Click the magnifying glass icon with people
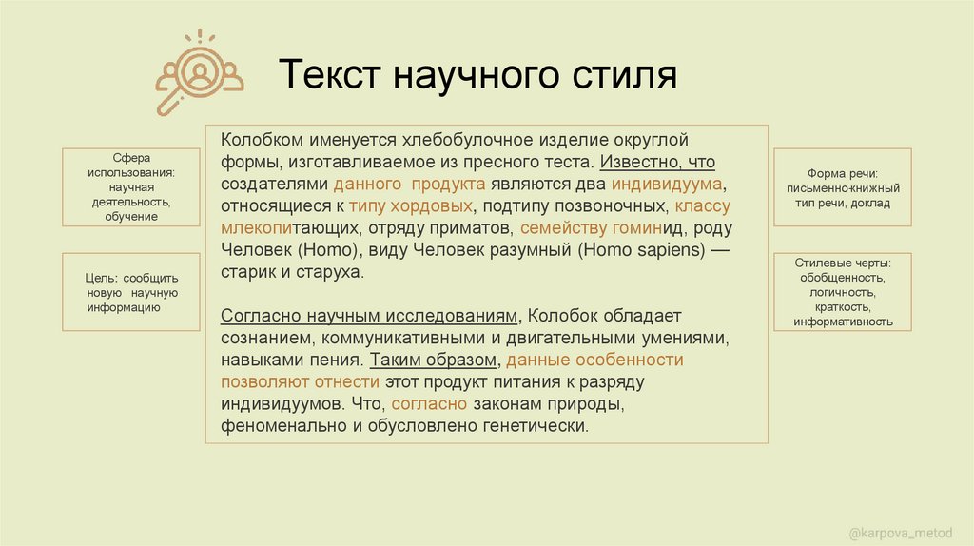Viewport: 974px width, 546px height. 198,72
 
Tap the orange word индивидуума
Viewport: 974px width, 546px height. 669,184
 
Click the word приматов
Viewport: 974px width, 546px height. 473,228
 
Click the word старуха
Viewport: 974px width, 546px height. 331,272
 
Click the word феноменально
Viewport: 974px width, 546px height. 278,426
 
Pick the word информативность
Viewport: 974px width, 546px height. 843,322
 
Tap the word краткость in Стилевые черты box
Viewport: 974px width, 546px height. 843,307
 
